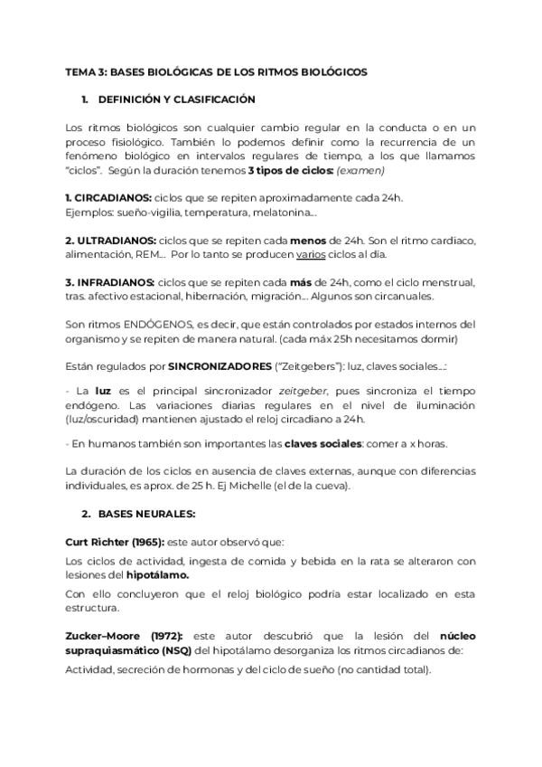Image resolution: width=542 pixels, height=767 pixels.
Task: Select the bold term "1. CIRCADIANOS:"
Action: pyautogui.click(x=108, y=197)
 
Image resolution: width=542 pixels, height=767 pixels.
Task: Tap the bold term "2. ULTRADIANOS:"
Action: pyautogui.click(x=110, y=240)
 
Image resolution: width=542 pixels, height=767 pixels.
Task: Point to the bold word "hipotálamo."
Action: pyautogui.click(x=158, y=574)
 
